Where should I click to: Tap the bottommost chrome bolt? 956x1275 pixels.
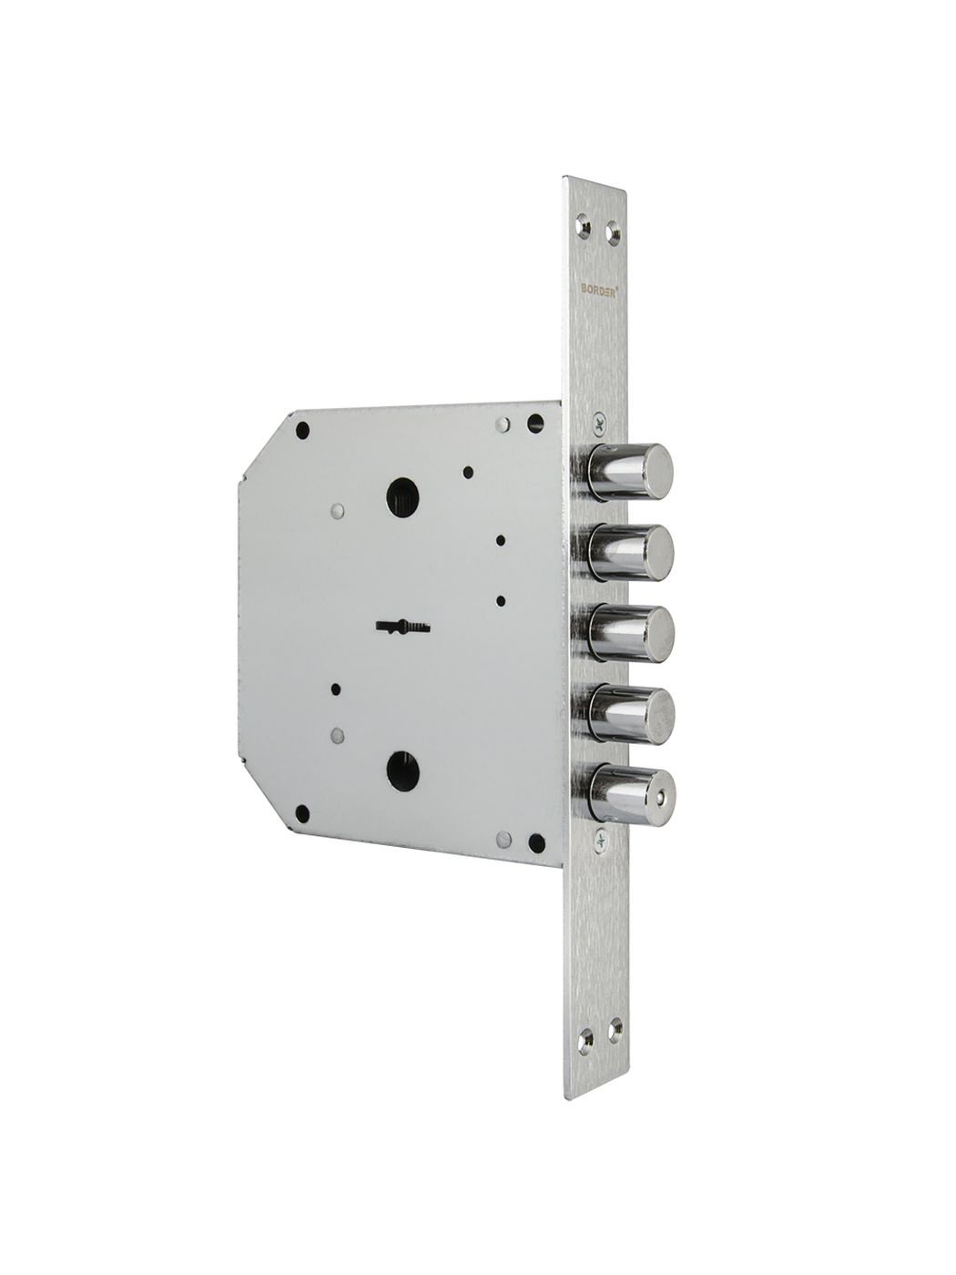pyautogui.click(x=631, y=794)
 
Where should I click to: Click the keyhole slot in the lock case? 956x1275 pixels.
pyautogui.click(x=404, y=627)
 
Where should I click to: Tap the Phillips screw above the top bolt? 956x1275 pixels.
pyautogui.click(x=598, y=425)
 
